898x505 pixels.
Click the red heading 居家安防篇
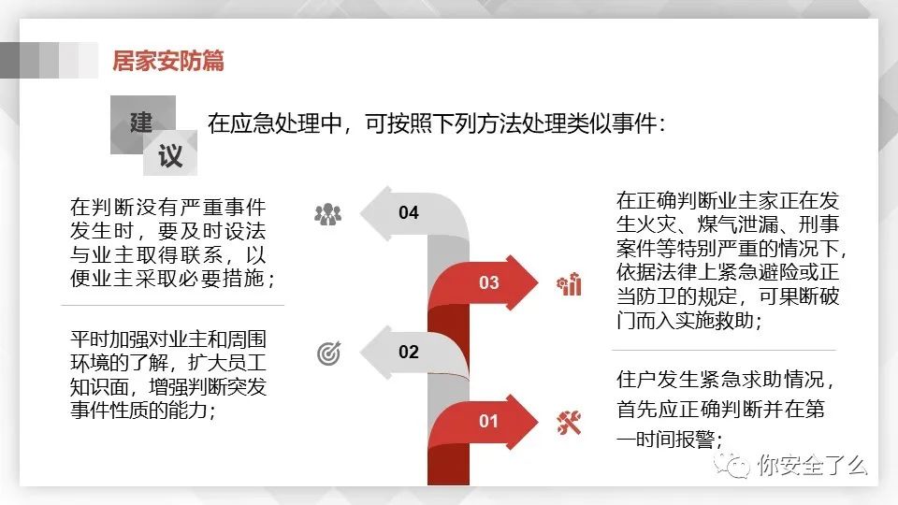[x=167, y=61]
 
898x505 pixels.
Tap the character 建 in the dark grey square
[x=141, y=123]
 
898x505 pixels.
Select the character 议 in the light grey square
[x=170, y=156]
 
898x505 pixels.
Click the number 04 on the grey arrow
[x=409, y=212]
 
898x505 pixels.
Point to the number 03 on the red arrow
[x=488, y=282]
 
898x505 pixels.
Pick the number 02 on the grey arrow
[x=409, y=352]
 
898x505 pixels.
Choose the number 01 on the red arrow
[x=488, y=422]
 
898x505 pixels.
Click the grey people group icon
[x=328, y=215]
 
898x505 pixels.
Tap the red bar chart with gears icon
[x=570, y=284]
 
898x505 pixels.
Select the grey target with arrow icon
[x=328, y=353]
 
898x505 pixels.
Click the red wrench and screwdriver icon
[x=570, y=423]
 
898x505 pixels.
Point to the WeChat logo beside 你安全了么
[x=731, y=465]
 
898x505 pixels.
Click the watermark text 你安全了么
[x=812, y=465]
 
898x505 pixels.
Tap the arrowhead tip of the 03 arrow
[x=539, y=282]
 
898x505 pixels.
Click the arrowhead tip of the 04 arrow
[x=360, y=213]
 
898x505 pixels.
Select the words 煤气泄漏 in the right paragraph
[x=738, y=224]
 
